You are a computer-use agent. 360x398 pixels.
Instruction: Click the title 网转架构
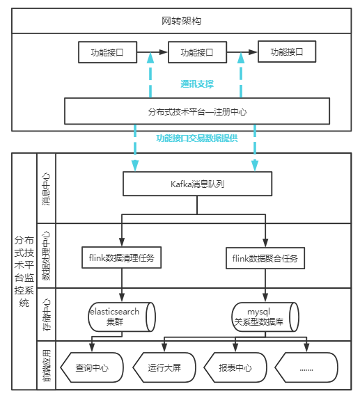point(185,21)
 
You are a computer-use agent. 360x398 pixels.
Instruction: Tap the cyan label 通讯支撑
point(197,84)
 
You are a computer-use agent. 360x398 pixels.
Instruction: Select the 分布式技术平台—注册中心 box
point(197,111)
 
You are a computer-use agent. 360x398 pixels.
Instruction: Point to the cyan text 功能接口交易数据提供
point(197,138)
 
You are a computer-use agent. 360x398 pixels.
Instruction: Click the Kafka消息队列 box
point(197,184)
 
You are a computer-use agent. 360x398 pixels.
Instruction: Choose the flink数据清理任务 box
point(122,258)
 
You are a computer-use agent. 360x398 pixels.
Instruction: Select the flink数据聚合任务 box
point(265,258)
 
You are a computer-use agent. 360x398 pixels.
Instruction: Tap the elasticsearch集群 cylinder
point(122,317)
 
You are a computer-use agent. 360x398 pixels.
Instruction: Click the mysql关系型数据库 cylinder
point(265,317)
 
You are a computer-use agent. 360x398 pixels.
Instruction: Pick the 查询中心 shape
point(93,367)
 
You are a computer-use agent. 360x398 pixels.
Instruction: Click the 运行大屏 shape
point(165,367)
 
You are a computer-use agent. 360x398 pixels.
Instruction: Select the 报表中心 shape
point(236,367)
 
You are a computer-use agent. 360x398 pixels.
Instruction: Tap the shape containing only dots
point(307,367)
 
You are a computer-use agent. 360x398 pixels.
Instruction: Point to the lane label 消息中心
point(46,189)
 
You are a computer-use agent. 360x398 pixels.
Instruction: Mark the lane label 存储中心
point(46,315)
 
